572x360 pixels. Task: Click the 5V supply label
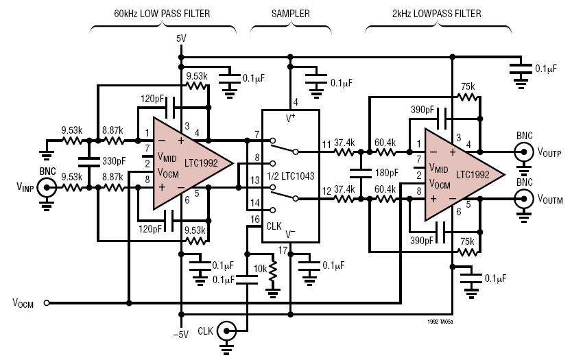click(181, 39)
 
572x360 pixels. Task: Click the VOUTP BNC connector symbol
click(525, 152)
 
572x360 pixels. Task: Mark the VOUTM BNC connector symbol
click(525, 199)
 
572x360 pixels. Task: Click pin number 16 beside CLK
click(255, 219)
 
